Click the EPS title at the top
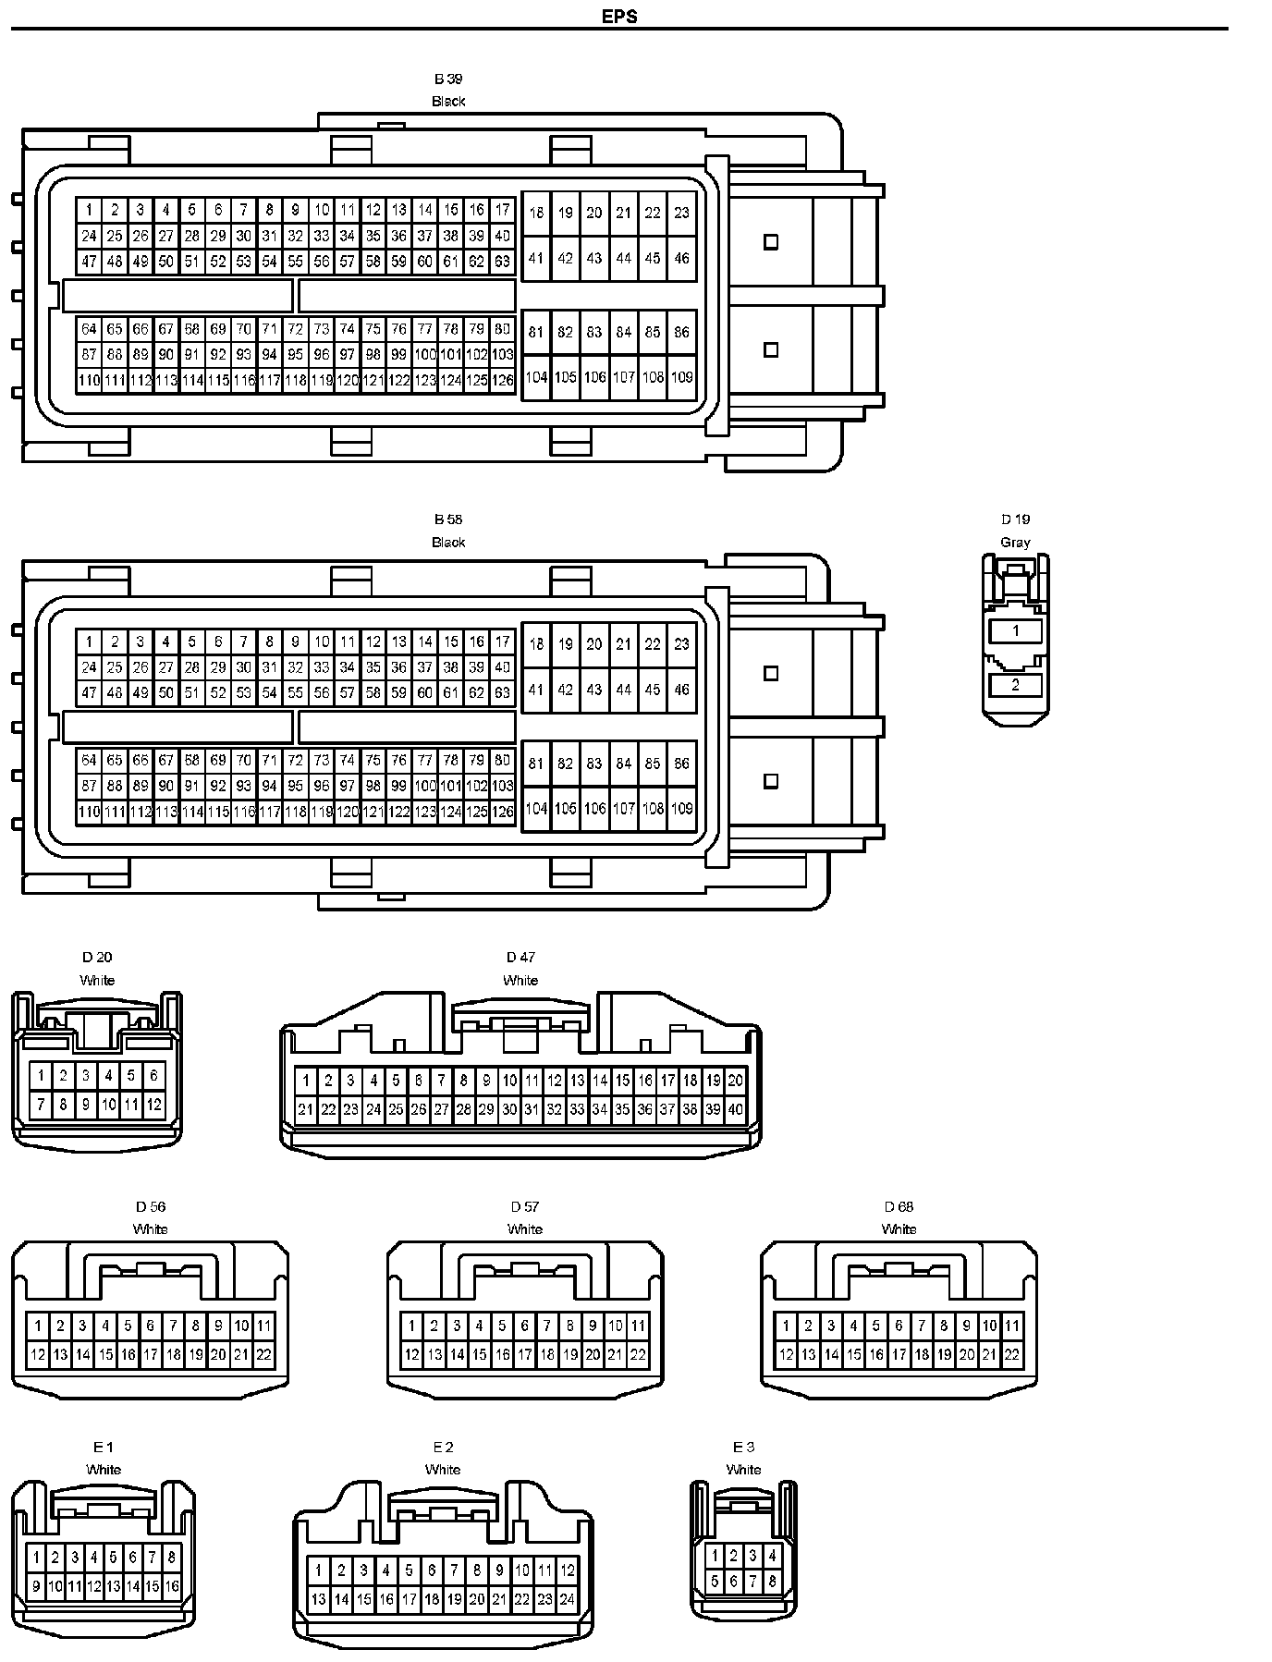(x=619, y=16)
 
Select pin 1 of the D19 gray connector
(x=1015, y=630)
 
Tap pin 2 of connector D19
(x=1015, y=685)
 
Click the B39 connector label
(x=448, y=79)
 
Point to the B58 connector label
(x=448, y=519)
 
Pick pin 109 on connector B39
(x=681, y=377)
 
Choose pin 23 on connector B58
(x=681, y=644)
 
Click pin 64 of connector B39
(x=89, y=329)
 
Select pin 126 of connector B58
(x=502, y=813)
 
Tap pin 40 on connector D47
(x=736, y=1109)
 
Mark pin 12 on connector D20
(x=153, y=1104)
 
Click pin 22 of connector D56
(x=263, y=1355)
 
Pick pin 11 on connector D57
(x=638, y=1326)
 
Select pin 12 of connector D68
(x=786, y=1355)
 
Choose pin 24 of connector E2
(x=568, y=1599)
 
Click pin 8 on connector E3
(x=773, y=1582)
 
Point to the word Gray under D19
(x=1015, y=543)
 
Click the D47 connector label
(x=520, y=958)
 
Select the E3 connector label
(x=743, y=1448)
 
